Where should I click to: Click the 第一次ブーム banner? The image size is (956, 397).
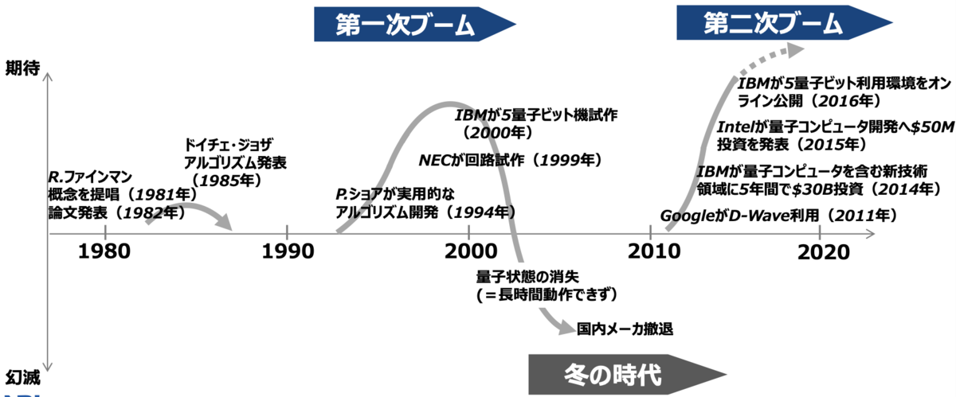(x=414, y=24)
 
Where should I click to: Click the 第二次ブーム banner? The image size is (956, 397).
(x=784, y=22)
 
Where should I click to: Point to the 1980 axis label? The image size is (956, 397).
(x=104, y=251)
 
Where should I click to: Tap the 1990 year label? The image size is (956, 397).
(x=288, y=251)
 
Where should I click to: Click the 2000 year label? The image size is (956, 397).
(x=471, y=251)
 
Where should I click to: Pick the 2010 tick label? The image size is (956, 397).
(x=653, y=251)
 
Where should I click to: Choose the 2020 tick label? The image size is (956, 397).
(x=823, y=252)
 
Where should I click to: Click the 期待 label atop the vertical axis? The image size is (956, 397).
(x=22, y=68)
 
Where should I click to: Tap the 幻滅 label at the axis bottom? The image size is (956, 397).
(x=22, y=378)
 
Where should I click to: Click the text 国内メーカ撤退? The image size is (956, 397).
(x=625, y=329)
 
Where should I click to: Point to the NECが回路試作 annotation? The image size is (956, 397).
(x=471, y=160)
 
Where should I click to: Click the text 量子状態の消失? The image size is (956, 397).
(x=527, y=277)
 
